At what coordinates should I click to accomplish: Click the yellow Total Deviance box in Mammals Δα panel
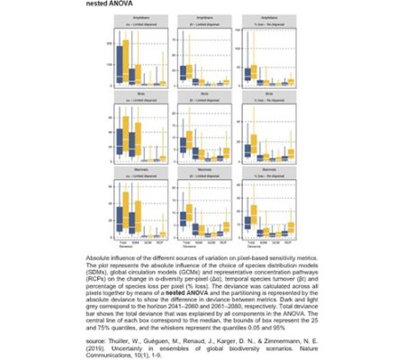(126, 216)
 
